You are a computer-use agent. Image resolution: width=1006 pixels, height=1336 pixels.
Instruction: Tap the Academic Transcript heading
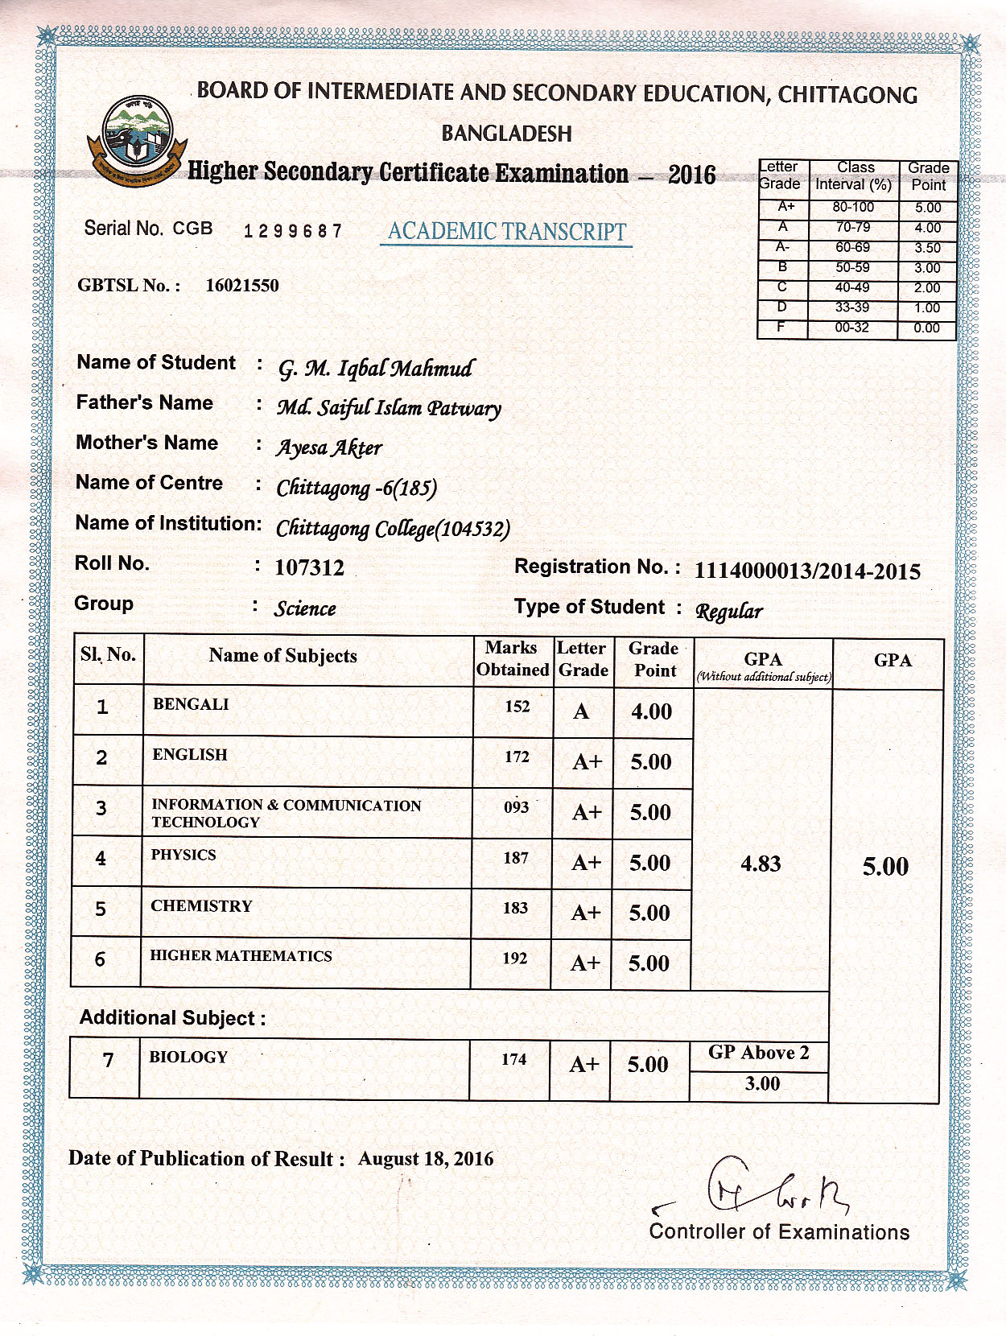coord(506,232)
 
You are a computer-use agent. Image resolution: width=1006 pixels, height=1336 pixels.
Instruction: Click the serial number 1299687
coord(293,232)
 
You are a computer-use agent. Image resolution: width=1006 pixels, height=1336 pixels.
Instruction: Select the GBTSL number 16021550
coord(242,286)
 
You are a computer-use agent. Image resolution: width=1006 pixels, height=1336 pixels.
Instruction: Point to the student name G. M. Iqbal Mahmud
coord(376,369)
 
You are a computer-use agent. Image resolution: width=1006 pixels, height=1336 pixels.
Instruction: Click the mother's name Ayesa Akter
coord(328,448)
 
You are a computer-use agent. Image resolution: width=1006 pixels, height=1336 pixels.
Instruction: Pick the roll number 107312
coord(309,568)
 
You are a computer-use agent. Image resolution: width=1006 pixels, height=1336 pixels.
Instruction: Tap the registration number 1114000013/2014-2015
coord(807,571)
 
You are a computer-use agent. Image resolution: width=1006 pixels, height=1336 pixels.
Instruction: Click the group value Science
coord(304,608)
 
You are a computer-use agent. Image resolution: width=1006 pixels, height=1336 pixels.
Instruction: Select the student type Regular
coord(728,612)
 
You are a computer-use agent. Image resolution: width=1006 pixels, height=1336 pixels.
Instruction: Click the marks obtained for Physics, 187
coord(516,858)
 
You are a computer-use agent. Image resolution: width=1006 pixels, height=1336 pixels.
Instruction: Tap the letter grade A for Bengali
coord(581,711)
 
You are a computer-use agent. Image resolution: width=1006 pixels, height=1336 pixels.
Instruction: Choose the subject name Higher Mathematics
coord(241,956)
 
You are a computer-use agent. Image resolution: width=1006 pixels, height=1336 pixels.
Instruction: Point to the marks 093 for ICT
coord(516,806)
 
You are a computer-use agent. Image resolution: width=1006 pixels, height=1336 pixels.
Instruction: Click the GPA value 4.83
coord(761,864)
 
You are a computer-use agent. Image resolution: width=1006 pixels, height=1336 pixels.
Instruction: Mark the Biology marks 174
coord(513,1060)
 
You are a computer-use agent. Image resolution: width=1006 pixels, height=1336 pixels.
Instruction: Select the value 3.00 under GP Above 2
coord(761,1083)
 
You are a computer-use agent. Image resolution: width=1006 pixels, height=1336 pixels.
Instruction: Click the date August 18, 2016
coord(426,1159)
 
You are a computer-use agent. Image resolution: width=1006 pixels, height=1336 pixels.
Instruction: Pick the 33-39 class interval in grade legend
coord(852,307)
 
